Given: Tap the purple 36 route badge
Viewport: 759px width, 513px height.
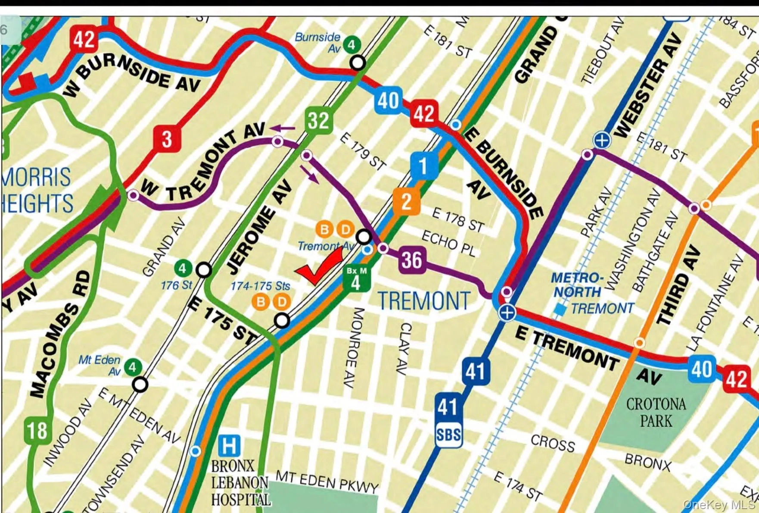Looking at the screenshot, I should [x=412, y=260].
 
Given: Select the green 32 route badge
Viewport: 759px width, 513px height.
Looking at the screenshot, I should [x=318, y=120].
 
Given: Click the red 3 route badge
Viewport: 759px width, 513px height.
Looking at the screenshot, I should [x=167, y=139].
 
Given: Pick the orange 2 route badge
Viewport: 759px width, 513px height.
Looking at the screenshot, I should [x=406, y=202].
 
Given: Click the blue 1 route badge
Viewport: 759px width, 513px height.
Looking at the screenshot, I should [x=423, y=166].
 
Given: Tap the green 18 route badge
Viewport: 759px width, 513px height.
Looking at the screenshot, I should [x=37, y=430].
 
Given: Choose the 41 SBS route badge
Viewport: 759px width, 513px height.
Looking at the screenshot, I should [x=448, y=420].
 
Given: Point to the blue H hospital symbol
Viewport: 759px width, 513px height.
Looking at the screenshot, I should [x=229, y=445].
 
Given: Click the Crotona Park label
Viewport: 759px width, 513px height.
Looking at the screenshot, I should [x=656, y=412].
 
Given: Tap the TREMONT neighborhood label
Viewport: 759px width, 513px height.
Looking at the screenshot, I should [x=424, y=301].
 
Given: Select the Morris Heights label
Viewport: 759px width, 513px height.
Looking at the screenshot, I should [x=37, y=190].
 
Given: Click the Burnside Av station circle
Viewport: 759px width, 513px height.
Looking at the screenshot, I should [x=357, y=63].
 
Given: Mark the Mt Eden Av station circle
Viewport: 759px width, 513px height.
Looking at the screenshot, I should [x=140, y=384].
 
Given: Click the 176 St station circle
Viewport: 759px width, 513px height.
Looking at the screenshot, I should [x=203, y=270].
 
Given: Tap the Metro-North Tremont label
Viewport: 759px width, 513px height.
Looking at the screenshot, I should [x=592, y=293].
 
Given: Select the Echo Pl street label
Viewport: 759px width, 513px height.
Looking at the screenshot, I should [x=448, y=243].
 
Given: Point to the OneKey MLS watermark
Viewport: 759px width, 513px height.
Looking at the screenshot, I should [x=719, y=504].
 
